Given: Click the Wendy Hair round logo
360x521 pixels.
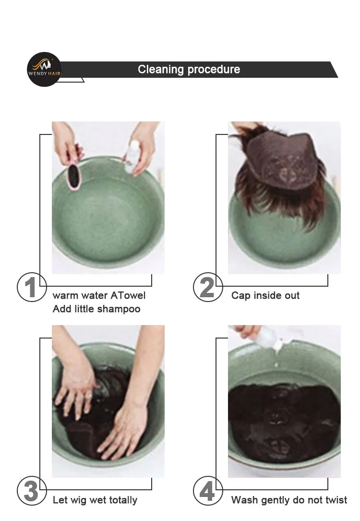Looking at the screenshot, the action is (44, 70).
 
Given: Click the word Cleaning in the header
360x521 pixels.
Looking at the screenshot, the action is (161, 70).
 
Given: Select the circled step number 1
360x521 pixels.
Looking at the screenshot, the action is (32, 287).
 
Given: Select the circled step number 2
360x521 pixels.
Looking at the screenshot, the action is (208, 287).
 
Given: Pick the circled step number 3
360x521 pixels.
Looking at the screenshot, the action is (32, 491).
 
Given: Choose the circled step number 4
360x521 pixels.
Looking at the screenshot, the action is (208, 491).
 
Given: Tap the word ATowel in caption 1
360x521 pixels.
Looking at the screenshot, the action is (128, 295).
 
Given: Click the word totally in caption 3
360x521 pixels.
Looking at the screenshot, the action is (121, 500).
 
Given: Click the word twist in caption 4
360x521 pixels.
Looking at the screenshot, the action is (335, 500).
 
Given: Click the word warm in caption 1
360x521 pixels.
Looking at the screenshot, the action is (65, 296).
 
